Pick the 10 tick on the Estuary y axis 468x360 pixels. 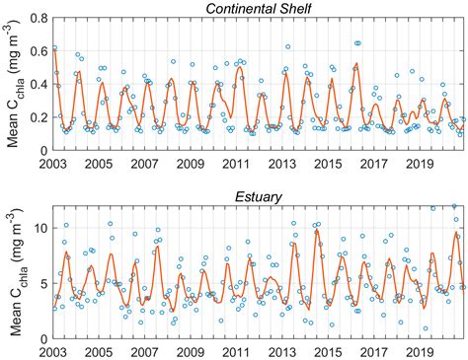click(40, 228)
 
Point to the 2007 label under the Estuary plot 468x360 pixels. click(144, 351)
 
